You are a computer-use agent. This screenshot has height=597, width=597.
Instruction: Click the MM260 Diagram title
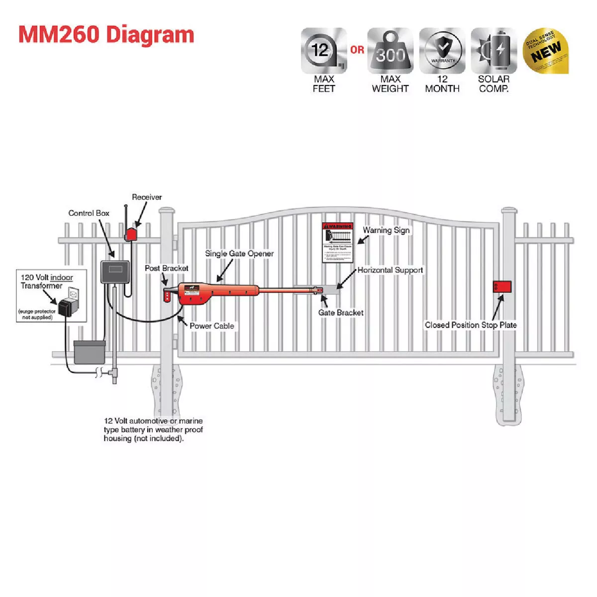coord(106,35)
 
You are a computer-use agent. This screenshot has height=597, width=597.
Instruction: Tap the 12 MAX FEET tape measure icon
coord(324,51)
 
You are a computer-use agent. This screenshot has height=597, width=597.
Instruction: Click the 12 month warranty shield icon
coord(442,51)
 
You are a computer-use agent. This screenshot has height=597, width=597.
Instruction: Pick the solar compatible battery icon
coord(494,51)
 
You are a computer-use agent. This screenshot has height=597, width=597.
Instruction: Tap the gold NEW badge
coord(546,51)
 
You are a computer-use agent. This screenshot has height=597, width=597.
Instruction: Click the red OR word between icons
coord(357,50)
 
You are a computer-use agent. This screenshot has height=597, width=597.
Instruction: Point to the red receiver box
coord(132,234)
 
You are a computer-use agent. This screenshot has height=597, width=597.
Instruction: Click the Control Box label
coord(89,213)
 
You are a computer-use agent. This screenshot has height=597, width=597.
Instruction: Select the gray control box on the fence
coord(115,272)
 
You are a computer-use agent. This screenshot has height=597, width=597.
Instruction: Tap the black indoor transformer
coord(65,307)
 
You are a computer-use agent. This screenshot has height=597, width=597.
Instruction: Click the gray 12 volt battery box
coord(90,352)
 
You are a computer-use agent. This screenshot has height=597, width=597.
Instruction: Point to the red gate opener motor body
coord(199,293)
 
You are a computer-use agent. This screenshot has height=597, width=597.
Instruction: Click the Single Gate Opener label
coord(239,254)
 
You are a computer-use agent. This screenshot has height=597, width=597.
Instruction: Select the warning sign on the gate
coord(338,243)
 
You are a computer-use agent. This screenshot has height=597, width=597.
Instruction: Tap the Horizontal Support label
coord(390,270)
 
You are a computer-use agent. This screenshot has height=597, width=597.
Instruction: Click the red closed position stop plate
coord(502,287)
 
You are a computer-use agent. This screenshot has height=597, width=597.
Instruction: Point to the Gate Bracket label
coord(341,312)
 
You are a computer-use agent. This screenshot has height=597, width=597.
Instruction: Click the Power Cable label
coord(212,326)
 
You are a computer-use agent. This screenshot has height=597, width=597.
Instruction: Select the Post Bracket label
coord(167,268)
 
